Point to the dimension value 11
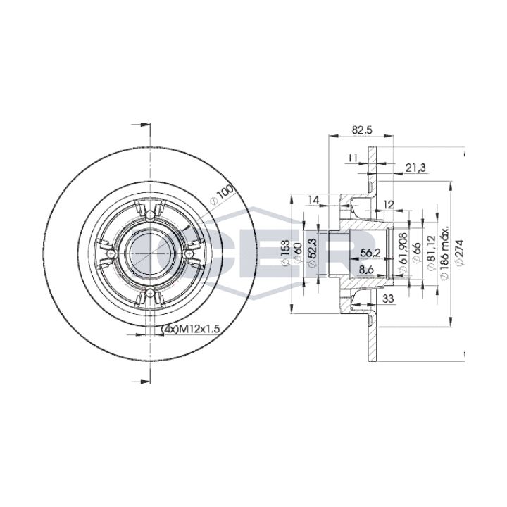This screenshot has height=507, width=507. click(x=353, y=158)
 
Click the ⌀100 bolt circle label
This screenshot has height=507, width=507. click(x=223, y=195)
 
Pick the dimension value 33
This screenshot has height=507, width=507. click(x=388, y=299)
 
